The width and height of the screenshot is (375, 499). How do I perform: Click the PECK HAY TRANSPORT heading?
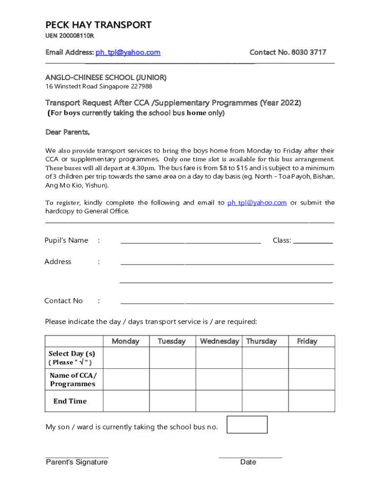point(98,25)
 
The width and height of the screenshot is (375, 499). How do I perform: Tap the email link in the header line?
point(128,52)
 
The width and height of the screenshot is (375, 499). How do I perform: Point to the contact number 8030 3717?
point(309,52)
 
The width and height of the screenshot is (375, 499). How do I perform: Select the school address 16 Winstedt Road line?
point(99,86)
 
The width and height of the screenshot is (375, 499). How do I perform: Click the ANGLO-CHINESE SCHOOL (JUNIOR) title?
point(106,77)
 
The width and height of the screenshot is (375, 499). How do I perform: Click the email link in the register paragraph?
point(257,203)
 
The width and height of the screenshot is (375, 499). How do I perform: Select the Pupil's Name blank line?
point(190,242)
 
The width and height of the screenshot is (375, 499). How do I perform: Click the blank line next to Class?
point(313,242)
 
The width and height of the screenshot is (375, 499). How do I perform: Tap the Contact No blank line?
point(227,303)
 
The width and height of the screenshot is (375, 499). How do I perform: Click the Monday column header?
point(126,341)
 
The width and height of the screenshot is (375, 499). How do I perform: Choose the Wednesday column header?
point(219,341)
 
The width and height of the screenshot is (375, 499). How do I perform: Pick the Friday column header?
point(307,341)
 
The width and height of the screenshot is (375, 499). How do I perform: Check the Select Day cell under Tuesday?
point(172,358)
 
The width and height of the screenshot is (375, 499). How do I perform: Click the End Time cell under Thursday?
point(265,401)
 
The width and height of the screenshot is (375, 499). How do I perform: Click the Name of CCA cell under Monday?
point(126,379)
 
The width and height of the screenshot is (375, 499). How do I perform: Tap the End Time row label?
point(70,401)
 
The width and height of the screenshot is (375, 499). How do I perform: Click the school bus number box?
point(247,424)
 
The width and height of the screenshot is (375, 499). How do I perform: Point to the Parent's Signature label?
point(77,462)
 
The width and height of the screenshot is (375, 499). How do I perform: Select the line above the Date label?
point(250,458)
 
